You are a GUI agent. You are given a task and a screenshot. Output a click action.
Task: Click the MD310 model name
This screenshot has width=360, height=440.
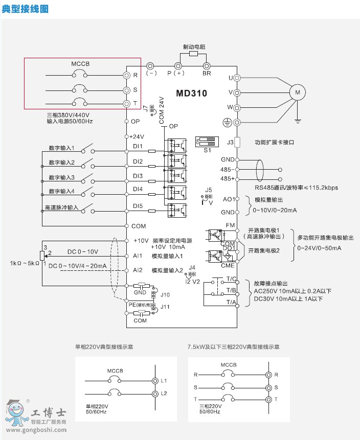[192, 94]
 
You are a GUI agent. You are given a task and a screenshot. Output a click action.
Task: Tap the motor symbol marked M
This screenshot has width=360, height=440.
[297, 92]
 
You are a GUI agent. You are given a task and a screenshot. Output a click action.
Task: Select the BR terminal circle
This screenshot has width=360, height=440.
[207, 66]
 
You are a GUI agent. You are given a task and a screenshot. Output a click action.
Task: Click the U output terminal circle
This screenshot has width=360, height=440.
[237, 78]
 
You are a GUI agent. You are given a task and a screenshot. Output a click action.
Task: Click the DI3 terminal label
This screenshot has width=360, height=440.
[138, 176]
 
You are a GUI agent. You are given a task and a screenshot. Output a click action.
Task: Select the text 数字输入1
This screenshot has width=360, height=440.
[62, 148]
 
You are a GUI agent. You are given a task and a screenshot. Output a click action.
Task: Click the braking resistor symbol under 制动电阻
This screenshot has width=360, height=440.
[193, 53]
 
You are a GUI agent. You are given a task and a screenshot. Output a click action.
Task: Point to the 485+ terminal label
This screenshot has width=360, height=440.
[228, 178]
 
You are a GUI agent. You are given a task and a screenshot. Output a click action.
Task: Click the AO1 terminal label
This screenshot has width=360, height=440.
[229, 199]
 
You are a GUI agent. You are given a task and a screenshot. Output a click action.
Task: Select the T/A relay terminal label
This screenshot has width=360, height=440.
[230, 303]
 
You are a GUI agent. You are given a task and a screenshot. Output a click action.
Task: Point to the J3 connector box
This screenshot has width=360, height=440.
[237, 143]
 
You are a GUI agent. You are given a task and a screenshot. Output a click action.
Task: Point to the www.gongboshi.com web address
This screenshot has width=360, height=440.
[34, 430]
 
